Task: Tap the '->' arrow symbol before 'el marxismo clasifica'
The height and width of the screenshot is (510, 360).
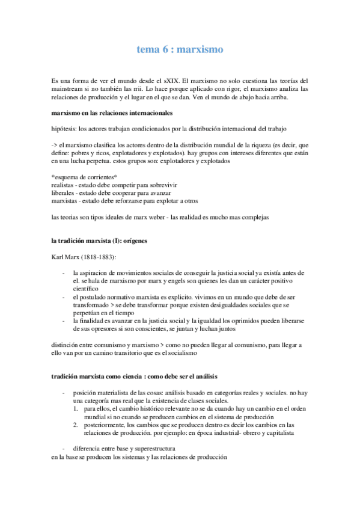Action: point(55,144)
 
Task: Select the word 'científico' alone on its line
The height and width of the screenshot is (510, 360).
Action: point(87,289)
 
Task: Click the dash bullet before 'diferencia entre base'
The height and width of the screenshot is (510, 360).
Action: point(64,449)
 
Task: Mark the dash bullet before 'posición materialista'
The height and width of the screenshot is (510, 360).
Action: point(64,392)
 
